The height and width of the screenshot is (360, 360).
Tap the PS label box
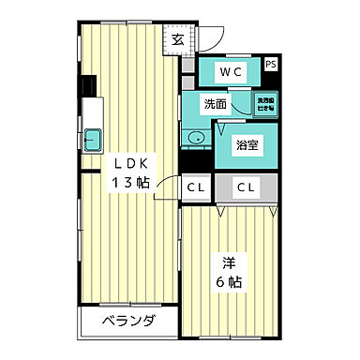(x=271, y=64)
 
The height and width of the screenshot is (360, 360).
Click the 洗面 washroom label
(x=216, y=104)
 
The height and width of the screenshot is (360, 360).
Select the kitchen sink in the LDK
(x=92, y=139)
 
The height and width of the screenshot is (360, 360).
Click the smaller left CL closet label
(x=196, y=187)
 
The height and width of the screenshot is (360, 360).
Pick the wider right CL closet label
(x=247, y=187)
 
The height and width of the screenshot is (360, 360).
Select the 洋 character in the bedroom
(x=227, y=262)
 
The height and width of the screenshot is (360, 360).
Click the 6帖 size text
(x=227, y=282)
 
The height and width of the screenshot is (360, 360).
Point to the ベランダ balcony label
(x=128, y=322)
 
